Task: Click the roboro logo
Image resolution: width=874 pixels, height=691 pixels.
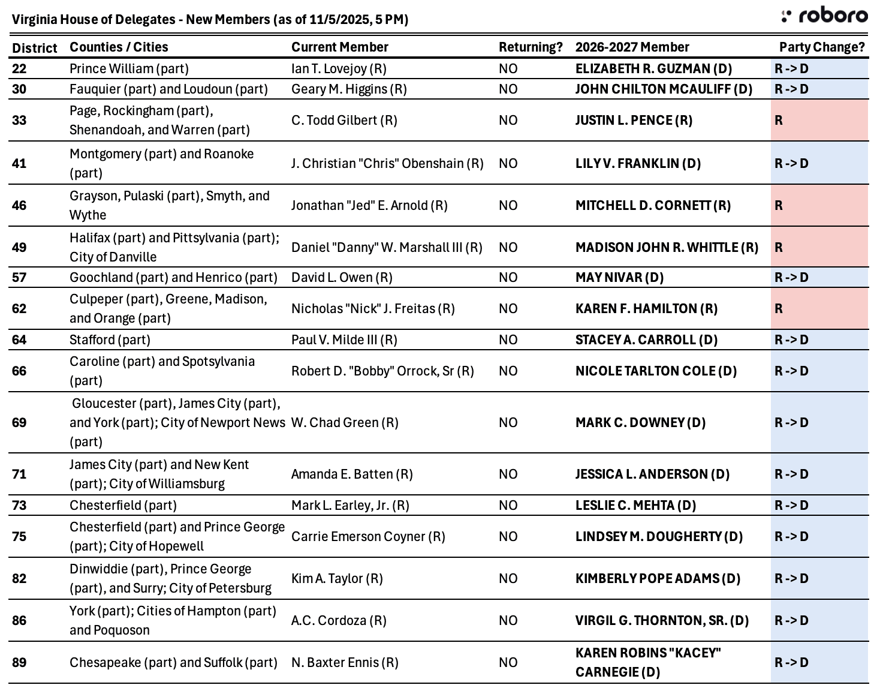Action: coord(824,16)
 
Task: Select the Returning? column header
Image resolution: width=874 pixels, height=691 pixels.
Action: coord(531,47)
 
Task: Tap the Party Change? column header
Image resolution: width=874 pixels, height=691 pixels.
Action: coord(822,47)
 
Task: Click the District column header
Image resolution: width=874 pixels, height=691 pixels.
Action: coord(35,47)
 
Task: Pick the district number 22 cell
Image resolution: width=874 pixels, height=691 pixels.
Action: coord(19,68)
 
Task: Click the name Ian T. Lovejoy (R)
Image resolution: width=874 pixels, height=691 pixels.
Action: coord(339,68)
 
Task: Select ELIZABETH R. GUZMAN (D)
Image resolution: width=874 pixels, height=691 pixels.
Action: coord(653,68)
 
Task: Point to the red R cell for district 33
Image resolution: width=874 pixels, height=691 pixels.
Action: coord(819,120)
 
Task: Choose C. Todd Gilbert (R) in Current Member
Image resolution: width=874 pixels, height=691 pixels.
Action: coord(344,120)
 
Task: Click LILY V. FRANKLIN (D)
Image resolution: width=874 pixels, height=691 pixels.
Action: coord(638,163)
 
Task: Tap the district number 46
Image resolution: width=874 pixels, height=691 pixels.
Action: coord(19,205)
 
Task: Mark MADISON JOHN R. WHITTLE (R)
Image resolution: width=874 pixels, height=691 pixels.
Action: coord(667,247)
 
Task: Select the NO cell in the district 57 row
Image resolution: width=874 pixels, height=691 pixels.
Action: coord(508,277)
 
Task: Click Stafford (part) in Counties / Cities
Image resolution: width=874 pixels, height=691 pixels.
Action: coord(110,340)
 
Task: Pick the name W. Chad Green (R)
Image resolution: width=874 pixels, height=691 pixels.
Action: coord(345,422)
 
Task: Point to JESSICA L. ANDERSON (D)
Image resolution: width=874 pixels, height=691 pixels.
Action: coord(652,474)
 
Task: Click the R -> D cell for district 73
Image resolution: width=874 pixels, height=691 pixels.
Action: coord(819,505)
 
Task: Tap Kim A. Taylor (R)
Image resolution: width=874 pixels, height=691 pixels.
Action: coord(337,578)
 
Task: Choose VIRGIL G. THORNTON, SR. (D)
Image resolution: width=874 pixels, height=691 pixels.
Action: coord(662,620)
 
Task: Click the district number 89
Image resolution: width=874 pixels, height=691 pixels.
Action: coord(19,662)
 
